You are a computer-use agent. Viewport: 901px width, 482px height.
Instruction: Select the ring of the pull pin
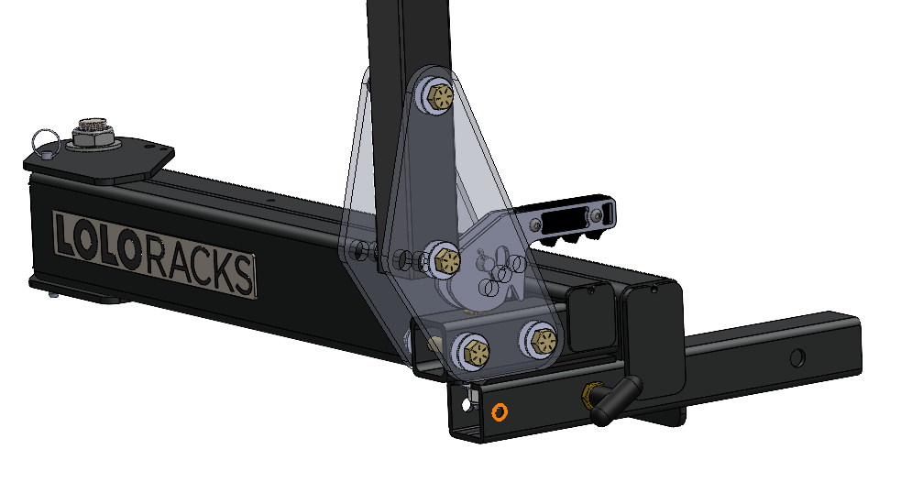43,140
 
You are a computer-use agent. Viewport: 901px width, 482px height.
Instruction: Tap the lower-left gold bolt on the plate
474,348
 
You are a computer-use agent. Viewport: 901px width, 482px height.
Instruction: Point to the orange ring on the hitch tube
499,411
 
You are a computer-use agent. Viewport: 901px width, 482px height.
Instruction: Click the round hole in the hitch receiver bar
797,356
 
